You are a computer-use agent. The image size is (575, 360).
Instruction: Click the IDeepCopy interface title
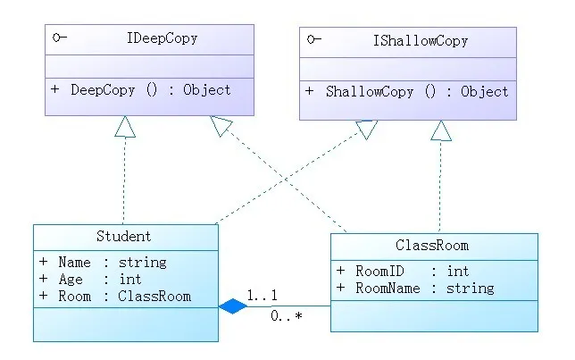coord(162,38)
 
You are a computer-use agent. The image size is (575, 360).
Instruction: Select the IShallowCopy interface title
coord(421,41)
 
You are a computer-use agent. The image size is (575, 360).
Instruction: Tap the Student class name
coord(123,236)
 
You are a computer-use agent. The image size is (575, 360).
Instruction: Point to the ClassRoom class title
coord(432,245)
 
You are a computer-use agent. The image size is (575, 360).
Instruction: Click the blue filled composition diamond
coord(233,306)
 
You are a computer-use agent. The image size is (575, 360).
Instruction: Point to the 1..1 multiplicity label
coord(262,295)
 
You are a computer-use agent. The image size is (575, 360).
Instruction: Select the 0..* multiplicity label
coord(287,315)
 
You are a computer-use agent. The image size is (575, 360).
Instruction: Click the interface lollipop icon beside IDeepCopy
coord(60,37)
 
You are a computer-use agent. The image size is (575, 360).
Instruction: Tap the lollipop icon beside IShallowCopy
coord(314,39)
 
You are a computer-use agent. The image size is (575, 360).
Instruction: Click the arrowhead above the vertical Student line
coord(125,127)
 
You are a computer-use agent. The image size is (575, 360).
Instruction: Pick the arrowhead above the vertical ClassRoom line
coord(441,130)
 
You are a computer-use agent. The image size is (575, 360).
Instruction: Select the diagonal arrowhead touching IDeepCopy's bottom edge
coord(221,126)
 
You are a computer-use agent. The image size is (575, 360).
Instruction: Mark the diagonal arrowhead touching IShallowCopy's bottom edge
coord(367,130)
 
